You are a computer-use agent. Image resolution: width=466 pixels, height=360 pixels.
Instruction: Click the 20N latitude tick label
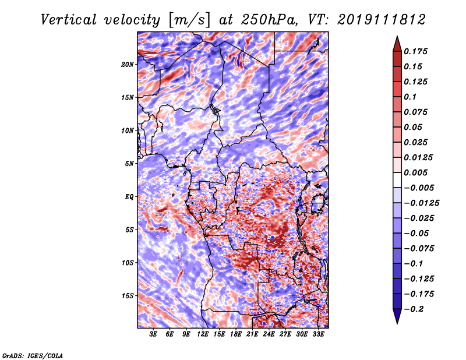(128, 64)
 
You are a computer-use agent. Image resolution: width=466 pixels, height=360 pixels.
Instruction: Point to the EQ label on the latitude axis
(129, 197)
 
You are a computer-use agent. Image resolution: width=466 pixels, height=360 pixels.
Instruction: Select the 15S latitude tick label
(128, 296)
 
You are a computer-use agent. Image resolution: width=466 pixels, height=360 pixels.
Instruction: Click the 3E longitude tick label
(154, 335)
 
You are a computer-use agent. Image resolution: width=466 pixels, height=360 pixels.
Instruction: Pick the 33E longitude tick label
(318, 335)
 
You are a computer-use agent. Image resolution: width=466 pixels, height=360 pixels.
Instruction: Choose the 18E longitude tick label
(236, 335)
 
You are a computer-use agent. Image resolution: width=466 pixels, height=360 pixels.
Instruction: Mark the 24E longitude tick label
(269, 335)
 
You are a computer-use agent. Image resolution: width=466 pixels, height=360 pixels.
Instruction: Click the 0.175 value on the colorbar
(416, 51)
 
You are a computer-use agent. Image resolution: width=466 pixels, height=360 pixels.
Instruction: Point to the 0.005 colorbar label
(416, 172)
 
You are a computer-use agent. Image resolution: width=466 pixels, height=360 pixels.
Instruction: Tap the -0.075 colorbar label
(421, 248)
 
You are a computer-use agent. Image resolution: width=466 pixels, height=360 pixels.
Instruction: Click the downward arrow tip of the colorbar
(396, 322)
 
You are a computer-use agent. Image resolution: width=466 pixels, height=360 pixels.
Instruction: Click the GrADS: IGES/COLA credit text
(33, 355)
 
